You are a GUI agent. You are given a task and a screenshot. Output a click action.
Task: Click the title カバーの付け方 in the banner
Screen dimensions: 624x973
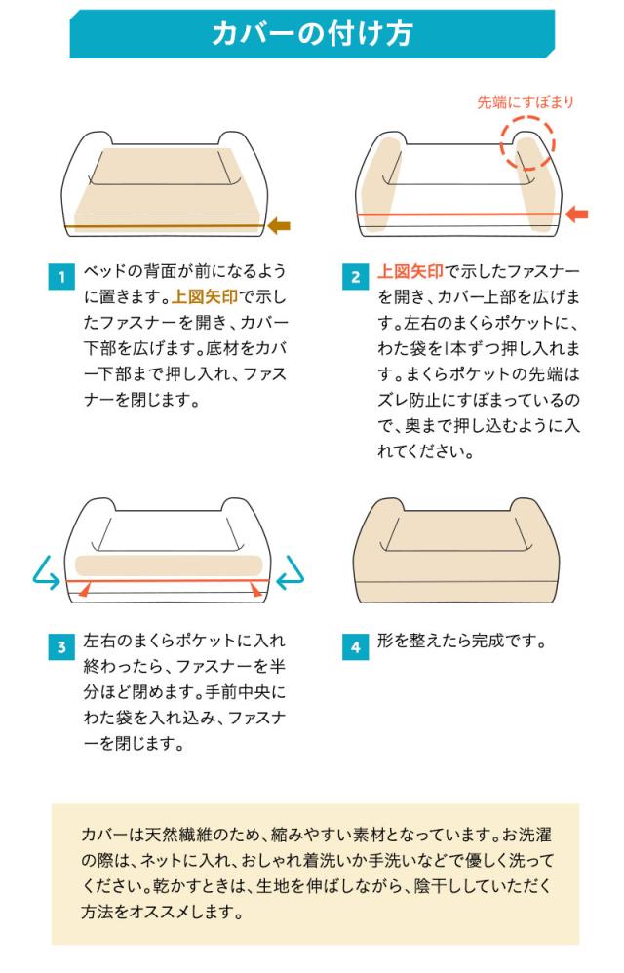pyautogui.click(x=311, y=33)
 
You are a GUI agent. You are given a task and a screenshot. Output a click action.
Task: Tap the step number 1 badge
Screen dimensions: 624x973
pyautogui.click(x=61, y=276)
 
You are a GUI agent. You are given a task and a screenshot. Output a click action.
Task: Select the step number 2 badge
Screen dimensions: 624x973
pyautogui.click(x=356, y=276)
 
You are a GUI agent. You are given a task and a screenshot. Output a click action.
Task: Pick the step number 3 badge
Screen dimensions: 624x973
pyautogui.click(x=61, y=646)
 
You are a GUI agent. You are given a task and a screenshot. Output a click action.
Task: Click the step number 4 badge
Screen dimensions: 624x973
pyautogui.click(x=356, y=646)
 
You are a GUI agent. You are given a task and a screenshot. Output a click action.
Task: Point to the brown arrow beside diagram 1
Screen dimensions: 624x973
pyautogui.click(x=279, y=226)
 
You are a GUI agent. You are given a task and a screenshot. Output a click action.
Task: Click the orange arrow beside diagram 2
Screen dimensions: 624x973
pyautogui.click(x=577, y=214)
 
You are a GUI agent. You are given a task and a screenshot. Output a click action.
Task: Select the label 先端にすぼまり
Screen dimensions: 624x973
pyautogui.click(x=526, y=102)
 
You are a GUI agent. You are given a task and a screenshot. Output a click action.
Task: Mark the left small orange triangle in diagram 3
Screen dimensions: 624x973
pyautogui.click(x=85, y=589)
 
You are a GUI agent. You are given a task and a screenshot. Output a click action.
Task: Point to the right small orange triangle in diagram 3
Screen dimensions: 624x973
pyautogui.click(x=255, y=589)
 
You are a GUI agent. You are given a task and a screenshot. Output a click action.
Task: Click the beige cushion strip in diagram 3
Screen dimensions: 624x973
pyautogui.click(x=168, y=564)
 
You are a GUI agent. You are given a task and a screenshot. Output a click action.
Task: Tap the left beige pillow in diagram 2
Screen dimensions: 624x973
pyautogui.click(x=378, y=183)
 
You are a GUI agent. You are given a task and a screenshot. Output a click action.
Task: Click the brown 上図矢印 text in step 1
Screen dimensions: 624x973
pyautogui.click(x=205, y=296)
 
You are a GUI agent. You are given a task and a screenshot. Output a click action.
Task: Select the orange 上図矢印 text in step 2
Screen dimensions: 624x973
pyautogui.click(x=410, y=271)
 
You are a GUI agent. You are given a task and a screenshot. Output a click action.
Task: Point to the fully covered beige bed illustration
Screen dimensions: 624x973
pyautogui.click(x=457, y=550)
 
